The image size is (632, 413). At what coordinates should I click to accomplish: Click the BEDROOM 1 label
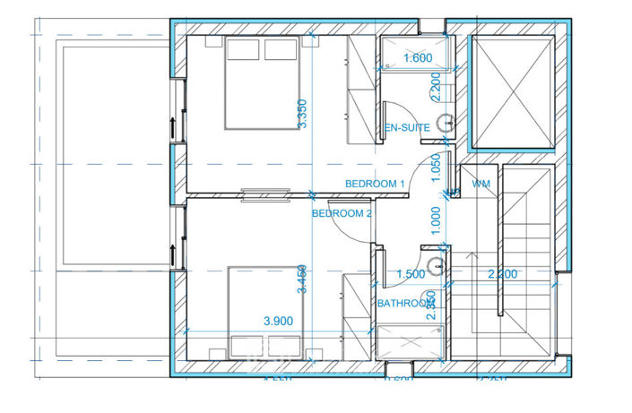376,184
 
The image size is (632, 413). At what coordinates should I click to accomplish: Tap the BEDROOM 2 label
342,214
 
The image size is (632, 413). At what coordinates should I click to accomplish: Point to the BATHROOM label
405,304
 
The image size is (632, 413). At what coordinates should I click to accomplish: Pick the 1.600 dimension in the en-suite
418,58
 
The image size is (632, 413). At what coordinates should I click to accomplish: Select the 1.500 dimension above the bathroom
410,275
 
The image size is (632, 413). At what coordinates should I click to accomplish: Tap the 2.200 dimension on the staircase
501,275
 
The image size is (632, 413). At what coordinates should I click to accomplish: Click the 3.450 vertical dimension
304,280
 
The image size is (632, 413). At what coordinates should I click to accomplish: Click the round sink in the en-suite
444,124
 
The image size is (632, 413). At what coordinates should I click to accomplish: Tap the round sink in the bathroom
436,265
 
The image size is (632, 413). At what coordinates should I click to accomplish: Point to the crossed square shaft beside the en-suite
515,91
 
